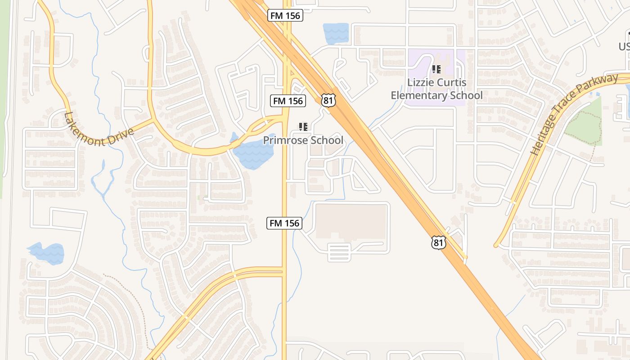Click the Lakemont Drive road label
[99, 131]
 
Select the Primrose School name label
[303, 140]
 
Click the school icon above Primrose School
[303, 127]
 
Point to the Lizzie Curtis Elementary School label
[436, 89]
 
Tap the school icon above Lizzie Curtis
[436, 69]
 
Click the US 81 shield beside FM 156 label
[328, 100]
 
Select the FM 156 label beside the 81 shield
[288, 100]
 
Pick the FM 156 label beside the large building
[284, 223]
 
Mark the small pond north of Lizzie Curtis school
[336, 33]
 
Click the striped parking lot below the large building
[339, 252]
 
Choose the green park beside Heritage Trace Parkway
[584, 123]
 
